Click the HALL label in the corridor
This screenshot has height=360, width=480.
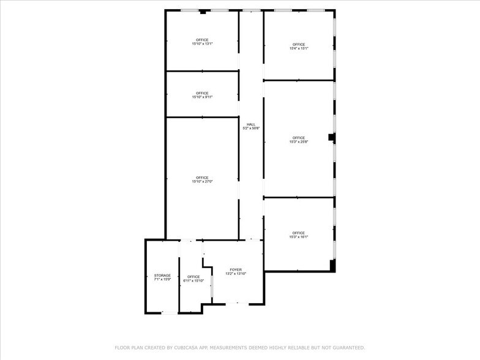pyautogui.click(x=250, y=124)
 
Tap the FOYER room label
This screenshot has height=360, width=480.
pyautogui.click(x=236, y=269)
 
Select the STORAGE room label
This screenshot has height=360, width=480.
pyautogui.click(x=162, y=276)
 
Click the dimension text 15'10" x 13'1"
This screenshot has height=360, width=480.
pyautogui.click(x=202, y=44)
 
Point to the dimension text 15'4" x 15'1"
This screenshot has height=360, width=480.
pyautogui.click(x=298, y=48)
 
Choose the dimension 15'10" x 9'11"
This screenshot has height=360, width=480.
pyautogui.click(x=202, y=97)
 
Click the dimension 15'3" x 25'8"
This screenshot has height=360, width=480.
pyautogui.click(x=298, y=142)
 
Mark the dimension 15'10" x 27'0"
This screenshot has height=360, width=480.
pyautogui.click(x=202, y=182)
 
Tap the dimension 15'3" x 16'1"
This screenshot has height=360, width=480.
pyautogui.click(x=298, y=237)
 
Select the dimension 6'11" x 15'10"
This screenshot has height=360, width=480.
pyautogui.click(x=193, y=281)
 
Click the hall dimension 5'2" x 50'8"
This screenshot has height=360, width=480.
pyautogui.click(x=250, y=129)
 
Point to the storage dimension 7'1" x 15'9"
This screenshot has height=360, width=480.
pyautogui.click(x=162, y=280)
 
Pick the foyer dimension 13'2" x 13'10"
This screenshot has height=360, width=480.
pyautogui.click(x=236, y=274)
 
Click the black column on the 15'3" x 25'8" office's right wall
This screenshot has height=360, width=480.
pyautogui.click(x=331, y=138)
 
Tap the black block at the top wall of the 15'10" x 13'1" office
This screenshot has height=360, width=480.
pyautogui.click(x=203, y=12)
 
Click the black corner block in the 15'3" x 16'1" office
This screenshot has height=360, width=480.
pyautogui.click(x=332, y=265)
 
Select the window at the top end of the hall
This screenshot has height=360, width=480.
pyautogui.click(x=251, y=10)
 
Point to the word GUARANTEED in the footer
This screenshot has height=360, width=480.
pyautogui.click(x=344, y=348)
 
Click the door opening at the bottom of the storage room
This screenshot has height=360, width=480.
pyautogui.click(x=170, y=313)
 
